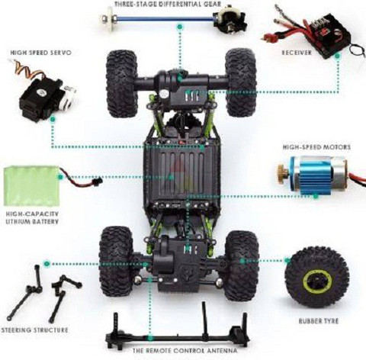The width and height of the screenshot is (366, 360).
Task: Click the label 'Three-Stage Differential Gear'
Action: coord(168,4)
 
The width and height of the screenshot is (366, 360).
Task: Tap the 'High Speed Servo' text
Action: coord(40,53)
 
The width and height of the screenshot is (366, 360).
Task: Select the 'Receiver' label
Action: coord(297,53)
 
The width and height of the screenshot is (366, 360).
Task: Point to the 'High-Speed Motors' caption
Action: coord(316,147)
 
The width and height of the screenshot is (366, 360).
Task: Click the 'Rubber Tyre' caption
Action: coord(319,321)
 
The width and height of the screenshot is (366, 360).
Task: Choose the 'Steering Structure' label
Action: coord(34,330)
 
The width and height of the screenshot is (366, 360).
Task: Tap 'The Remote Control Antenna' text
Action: coord(185,351)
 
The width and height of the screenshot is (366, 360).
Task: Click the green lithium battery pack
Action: coord(31,185)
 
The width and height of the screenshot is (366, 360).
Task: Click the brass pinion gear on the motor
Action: coord(283,174)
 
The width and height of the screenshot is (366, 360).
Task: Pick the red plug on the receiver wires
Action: coord(269,38)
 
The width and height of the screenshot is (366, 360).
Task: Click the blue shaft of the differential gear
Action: coord(165,18)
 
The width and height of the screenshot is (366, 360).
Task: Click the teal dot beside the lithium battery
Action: coord(60,177)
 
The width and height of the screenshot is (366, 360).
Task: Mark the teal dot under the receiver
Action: coord(338,56)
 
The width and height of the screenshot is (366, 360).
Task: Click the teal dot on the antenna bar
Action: coord(150,338)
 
